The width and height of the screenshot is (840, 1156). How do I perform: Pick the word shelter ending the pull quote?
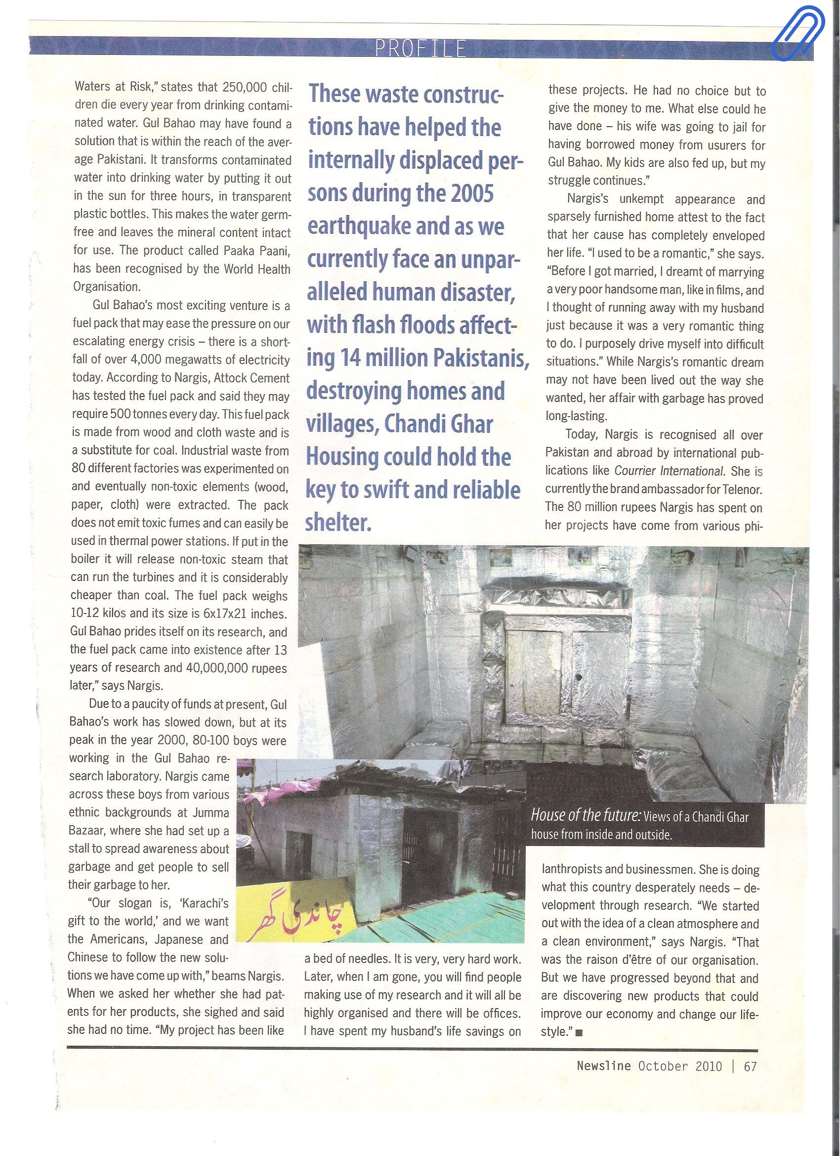[x=338, y=523]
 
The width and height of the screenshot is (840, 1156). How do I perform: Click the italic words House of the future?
[x=586, y=816]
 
